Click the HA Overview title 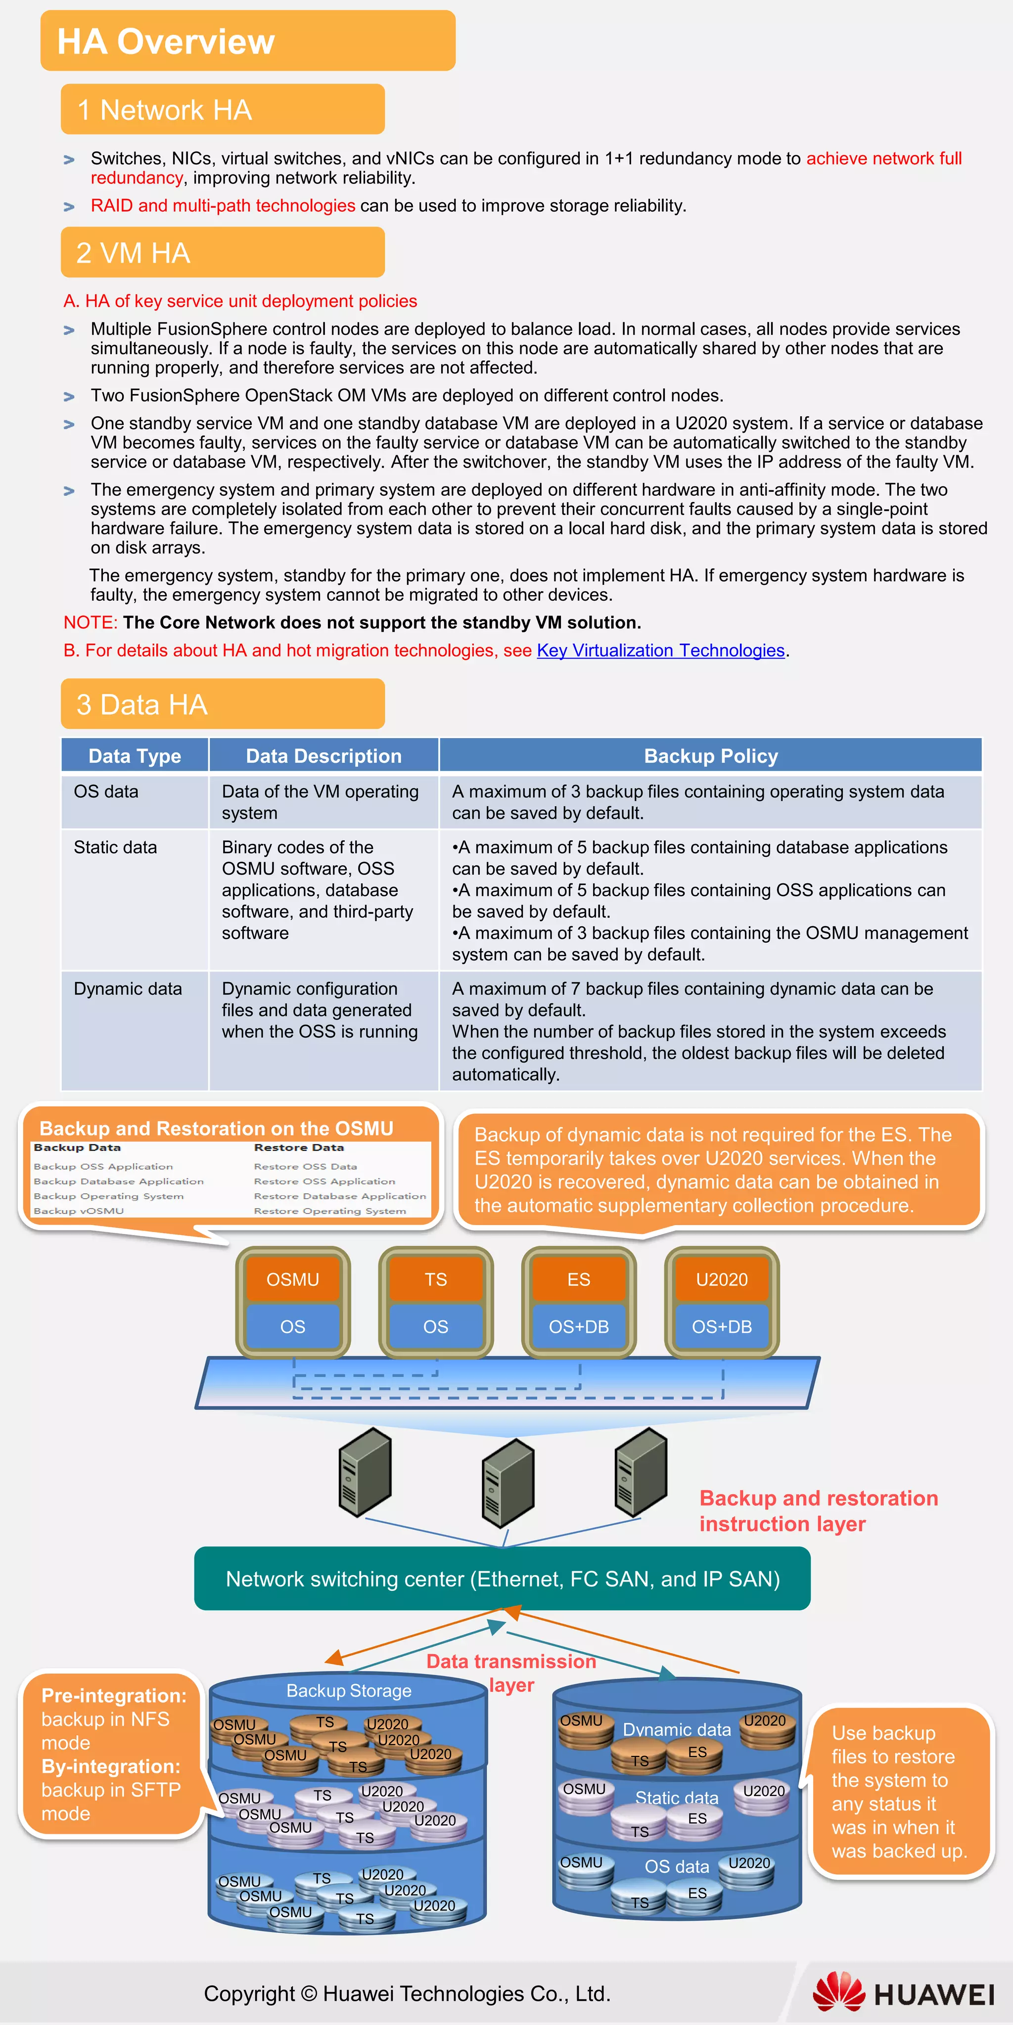(x=166, y=42)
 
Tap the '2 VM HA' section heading (x=133, y=253)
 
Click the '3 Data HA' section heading (x=141, y=704)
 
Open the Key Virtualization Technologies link (x=661, y=651)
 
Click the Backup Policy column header (x=710, y=756)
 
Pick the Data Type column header (x=135, y=756)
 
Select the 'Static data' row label (x=116, y=847)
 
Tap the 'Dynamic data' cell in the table (x=128, y=989)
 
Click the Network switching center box (x=503, y=1579)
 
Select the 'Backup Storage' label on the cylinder (x=348, y=1690)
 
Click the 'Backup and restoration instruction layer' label (x=818, y=1510)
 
